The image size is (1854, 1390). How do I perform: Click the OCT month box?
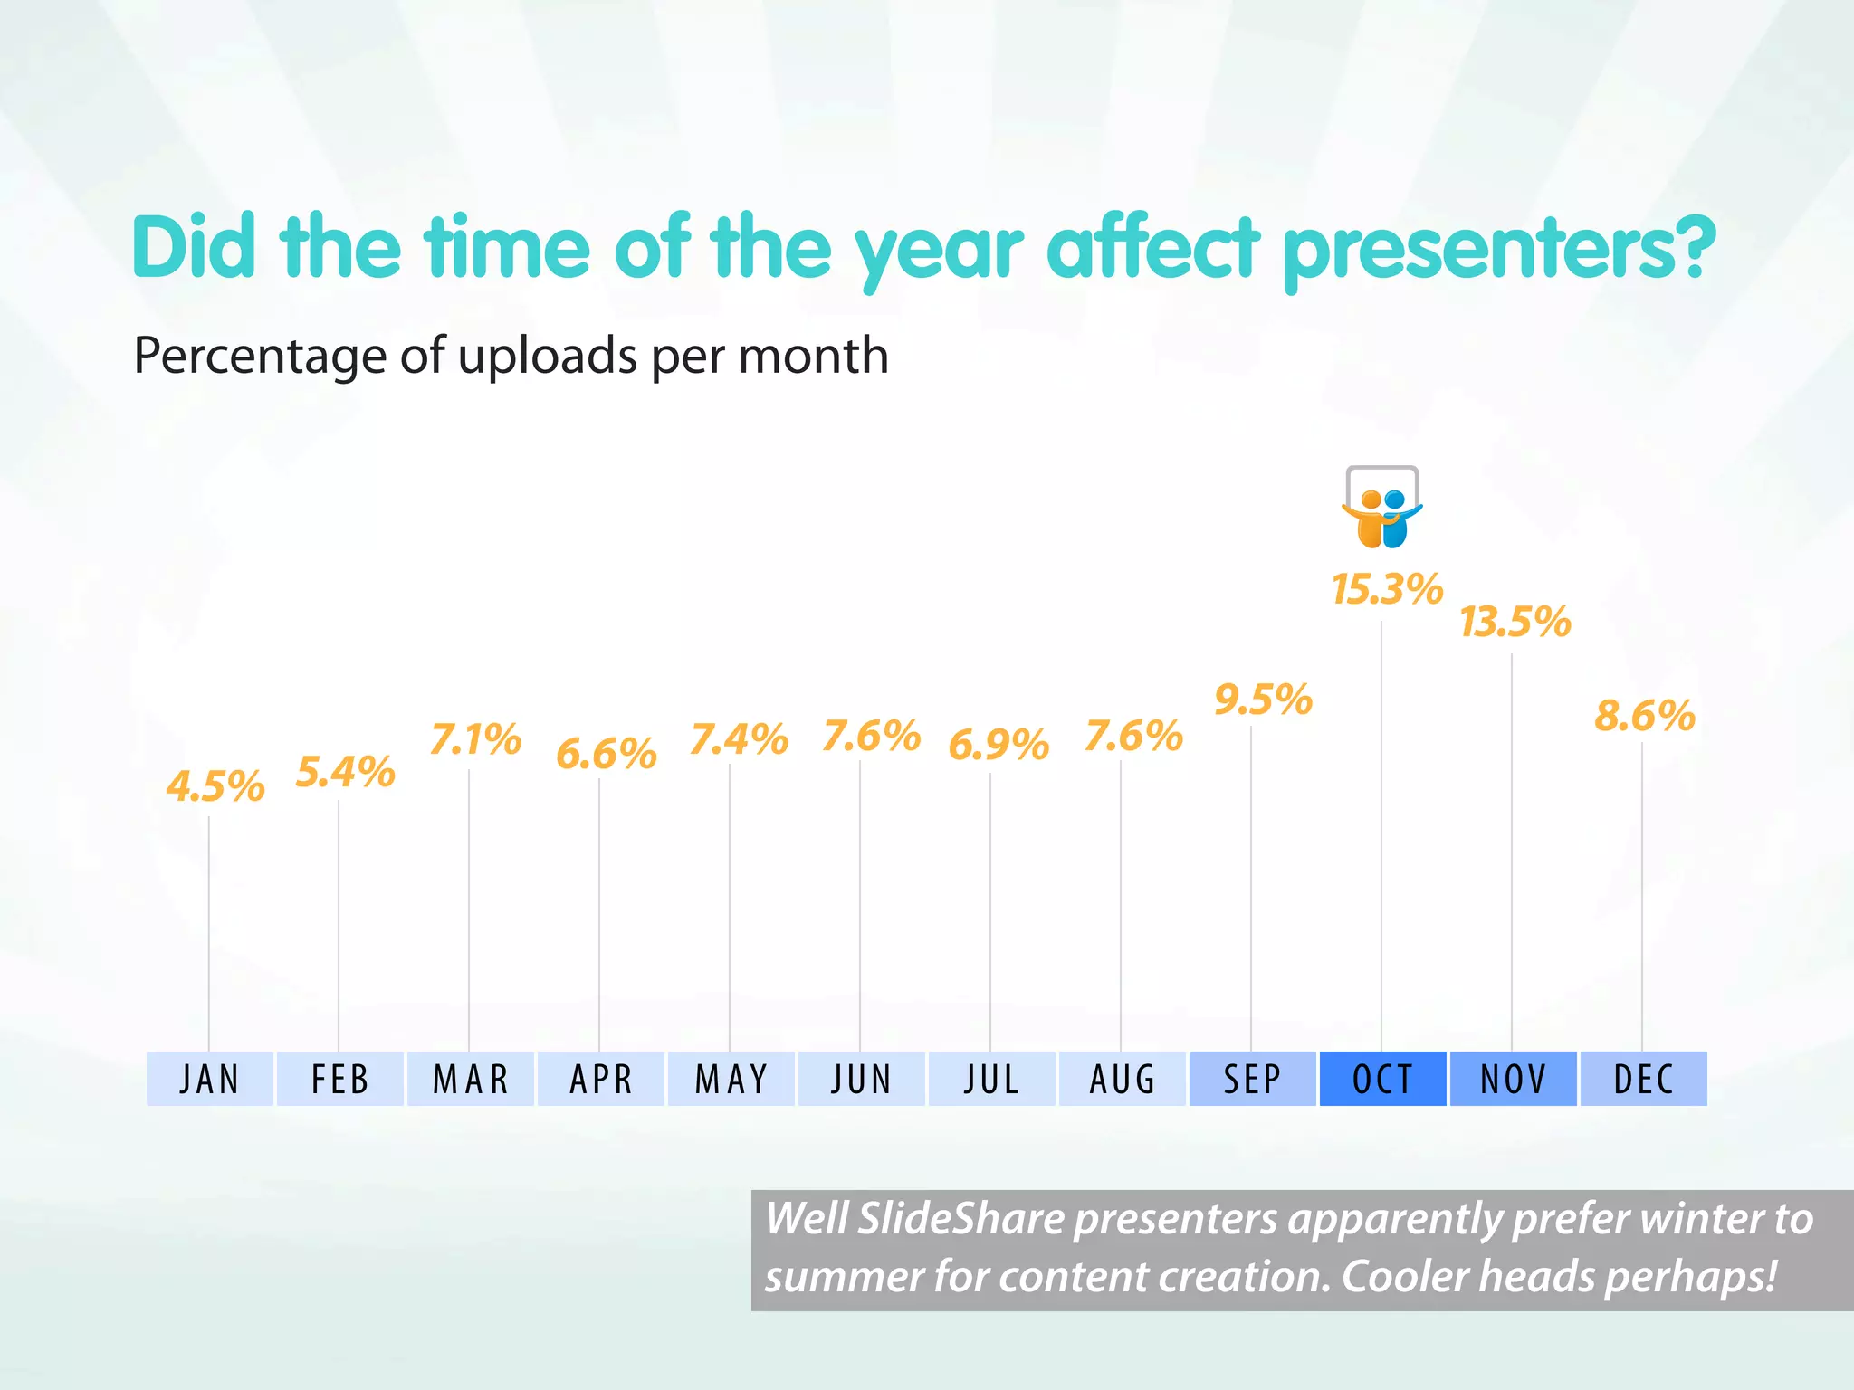1382,1079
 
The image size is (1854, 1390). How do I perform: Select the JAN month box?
210,1079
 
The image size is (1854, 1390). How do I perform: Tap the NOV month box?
1513,1079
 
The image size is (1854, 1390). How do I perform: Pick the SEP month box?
1252,1079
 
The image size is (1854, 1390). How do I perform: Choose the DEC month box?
1643,1079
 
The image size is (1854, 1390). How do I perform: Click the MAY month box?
731,1079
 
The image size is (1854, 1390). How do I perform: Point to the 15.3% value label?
1387,590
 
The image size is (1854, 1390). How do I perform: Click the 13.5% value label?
1515,623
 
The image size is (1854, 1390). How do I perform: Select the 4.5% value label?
215,786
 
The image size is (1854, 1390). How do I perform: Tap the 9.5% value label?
1264,700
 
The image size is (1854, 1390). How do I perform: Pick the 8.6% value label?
1644,716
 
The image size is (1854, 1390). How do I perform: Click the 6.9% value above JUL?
999,745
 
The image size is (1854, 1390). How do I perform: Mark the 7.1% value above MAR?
476,739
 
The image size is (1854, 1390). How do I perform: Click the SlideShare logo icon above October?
1382,508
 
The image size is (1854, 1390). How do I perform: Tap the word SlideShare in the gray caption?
960,1219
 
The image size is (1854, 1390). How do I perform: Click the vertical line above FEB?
339,923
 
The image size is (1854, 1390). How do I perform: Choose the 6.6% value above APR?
606,754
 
